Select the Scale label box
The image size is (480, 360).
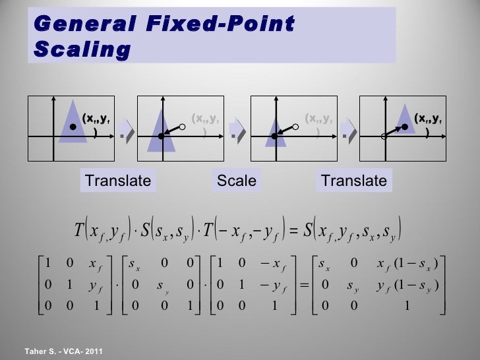(x=236, y=180)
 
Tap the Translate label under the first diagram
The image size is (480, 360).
(x=118, y=180)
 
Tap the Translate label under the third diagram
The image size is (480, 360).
(x=353, y=180)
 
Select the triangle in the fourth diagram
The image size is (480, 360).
(x=404, y=123)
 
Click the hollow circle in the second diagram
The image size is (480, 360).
(x=183, y=125)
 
